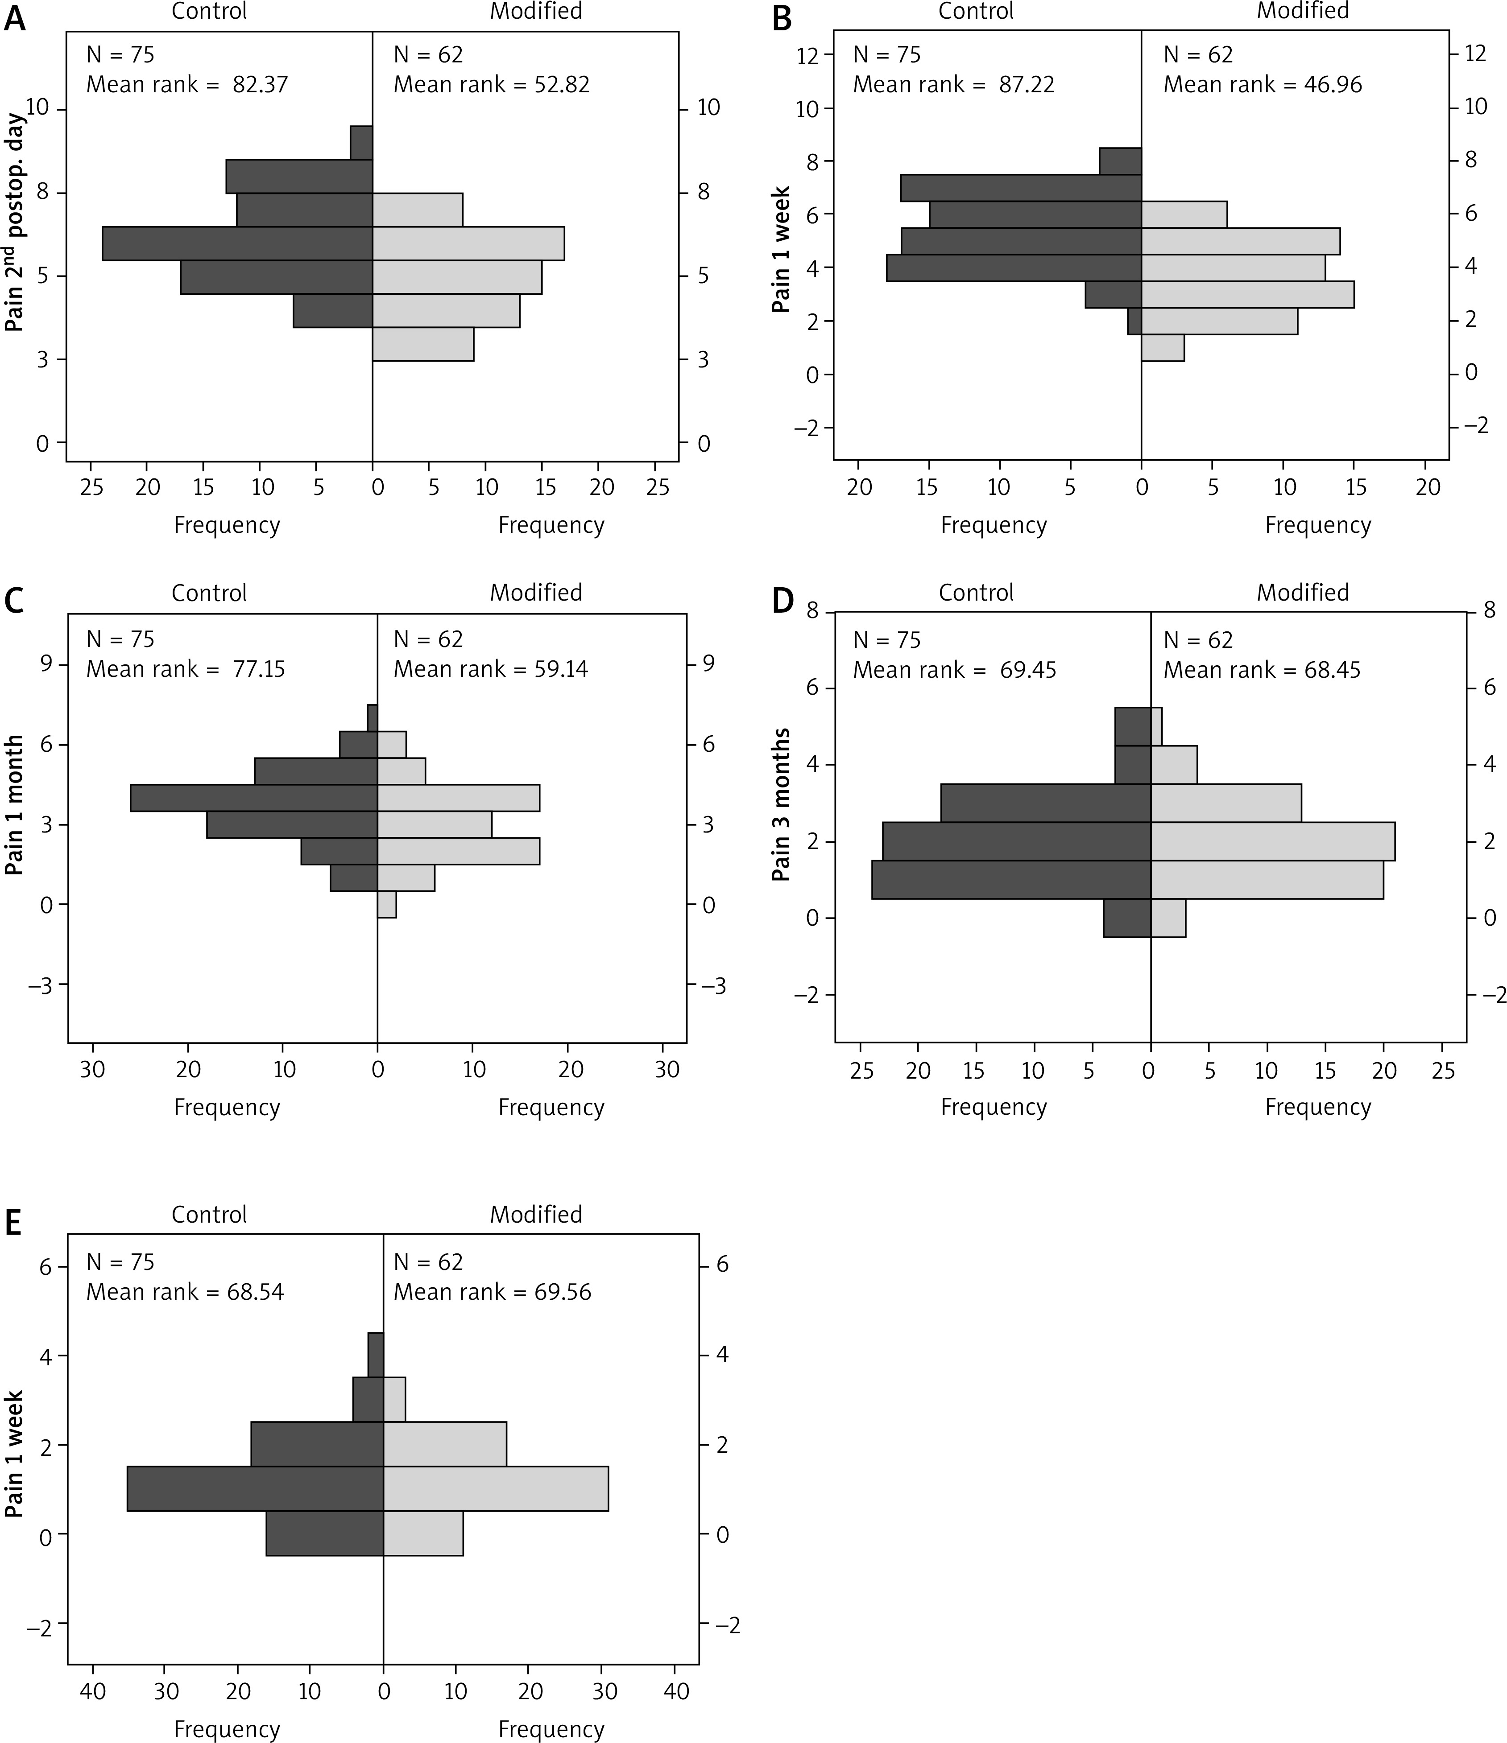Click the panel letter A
pyautogui.click(x=15, y=19)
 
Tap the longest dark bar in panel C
pyautogui.click(x=254, y=797)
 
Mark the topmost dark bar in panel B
pyautogui.click(x=1120, y=161)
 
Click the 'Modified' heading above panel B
pyautogui.click(x=1303, y=11)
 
